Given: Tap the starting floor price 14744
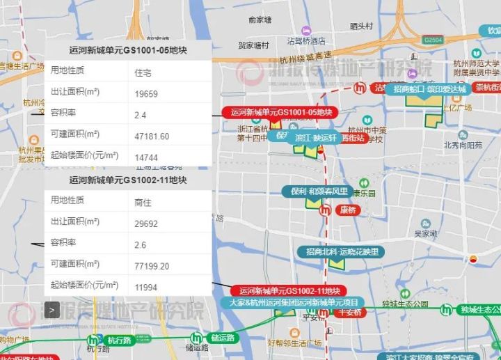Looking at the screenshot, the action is point(146,158).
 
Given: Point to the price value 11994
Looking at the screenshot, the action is point(146,286).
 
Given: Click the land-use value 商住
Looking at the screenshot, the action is point(142,201).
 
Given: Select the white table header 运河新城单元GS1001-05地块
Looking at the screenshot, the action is point(128,50).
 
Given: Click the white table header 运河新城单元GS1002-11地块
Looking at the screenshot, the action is point(128,180).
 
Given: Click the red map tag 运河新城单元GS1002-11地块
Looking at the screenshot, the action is point(289,290).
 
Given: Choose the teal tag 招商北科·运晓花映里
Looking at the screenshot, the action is point(338,251).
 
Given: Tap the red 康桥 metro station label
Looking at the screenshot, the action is point(347,210).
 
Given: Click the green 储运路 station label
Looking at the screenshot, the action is point(222,339).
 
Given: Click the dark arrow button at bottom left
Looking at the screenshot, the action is point(51,309).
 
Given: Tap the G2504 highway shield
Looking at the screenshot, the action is point(433,40).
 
